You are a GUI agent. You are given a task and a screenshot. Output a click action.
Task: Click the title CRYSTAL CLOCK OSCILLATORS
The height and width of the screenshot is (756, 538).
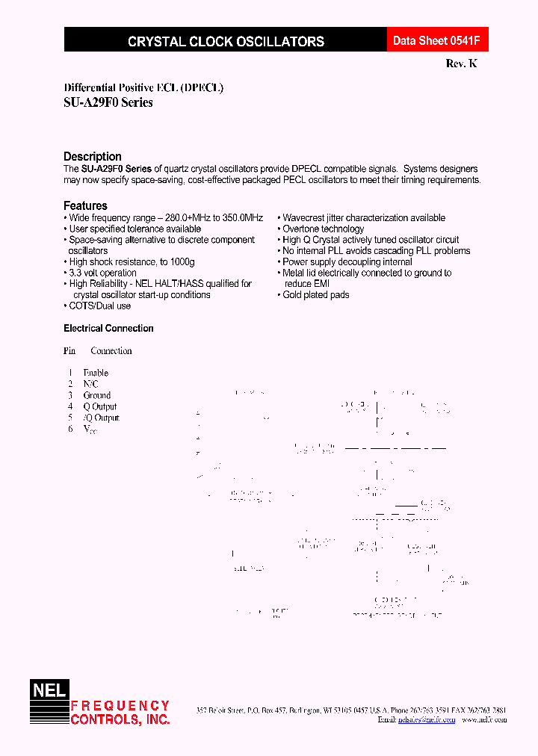tap(226, 42)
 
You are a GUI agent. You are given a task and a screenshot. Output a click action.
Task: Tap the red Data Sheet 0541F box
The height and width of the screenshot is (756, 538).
tap(431, 41)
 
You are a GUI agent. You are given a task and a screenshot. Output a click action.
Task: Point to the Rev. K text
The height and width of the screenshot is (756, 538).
tap(461, 64)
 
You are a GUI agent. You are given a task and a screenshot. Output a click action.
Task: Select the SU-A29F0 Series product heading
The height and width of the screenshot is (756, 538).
tap(108, 102)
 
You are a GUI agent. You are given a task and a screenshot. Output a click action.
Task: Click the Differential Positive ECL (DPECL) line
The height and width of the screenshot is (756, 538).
tap(143, 87)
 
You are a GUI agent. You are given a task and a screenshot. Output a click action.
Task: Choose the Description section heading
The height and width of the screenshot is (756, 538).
tap(93, 156)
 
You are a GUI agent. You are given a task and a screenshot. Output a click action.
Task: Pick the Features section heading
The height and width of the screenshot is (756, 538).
tap(85, 205)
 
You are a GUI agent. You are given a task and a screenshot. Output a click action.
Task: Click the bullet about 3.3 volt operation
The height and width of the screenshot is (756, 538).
tap(102, 273)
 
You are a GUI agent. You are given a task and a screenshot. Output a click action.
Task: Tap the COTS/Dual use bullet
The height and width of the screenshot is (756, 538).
tap(99, 306)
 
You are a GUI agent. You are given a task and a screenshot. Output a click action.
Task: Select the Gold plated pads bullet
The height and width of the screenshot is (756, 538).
tap(315, 294)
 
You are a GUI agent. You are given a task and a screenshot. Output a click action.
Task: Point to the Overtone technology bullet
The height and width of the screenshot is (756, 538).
tap(323, 229)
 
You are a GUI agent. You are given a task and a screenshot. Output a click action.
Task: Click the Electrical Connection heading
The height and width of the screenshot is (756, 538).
tap(108, 328)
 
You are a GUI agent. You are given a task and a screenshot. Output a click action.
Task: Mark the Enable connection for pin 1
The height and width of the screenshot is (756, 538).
tap(96, 373)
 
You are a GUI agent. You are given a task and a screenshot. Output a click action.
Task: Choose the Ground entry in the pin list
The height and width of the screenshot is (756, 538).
tap(97, 395)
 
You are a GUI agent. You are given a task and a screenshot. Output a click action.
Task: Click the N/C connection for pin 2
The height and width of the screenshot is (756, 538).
tap(90, 384)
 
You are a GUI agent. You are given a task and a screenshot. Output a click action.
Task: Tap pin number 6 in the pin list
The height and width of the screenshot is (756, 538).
tap(70, 429)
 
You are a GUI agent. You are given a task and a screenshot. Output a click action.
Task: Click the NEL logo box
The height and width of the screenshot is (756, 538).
tap(49, 690)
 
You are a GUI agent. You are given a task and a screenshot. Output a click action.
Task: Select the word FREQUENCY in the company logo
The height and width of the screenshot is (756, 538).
tap(120, 705)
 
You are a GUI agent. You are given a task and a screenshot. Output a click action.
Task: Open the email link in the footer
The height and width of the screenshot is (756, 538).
tap(427, 719)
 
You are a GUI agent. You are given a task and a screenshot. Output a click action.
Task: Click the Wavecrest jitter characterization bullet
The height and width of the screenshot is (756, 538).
tap(363, 217)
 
